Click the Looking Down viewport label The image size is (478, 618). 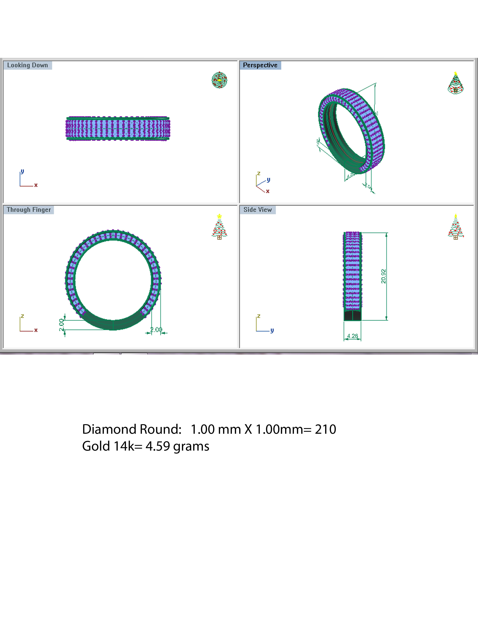tap(28, 65)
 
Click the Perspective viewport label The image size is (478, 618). tap(260, 65)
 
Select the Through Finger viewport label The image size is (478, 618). tap(29, 210)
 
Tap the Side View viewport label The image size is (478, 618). tap(257, 210)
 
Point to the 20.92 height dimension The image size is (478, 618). tap(383, 276)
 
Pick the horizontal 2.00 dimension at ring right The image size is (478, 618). tap(156, 330)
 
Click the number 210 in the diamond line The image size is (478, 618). tap(325, 429)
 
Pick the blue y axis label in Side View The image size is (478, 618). tap(272, 330)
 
